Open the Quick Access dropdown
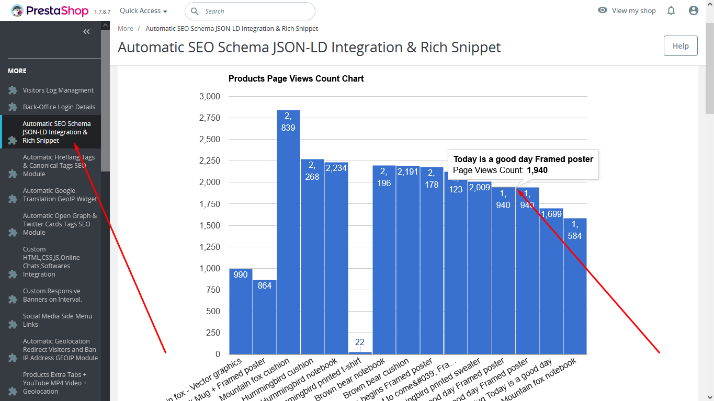[x=143, y=11]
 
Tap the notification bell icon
[x=671, y=10]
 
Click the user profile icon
[x=694, y=10]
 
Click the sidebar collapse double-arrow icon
[x=87, y=32]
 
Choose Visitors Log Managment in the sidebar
[x=58, y=90]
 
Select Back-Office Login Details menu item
[x=59, y=107]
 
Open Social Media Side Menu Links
[x=57, y=320]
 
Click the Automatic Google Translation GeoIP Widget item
[x=60, y=195]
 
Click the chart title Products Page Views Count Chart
[x=296, y=79]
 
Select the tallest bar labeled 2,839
[x=288, y=235]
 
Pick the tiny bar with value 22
[x=360, y=352]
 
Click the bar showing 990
[x=241, y=314]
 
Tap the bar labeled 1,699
[x=551, y=282]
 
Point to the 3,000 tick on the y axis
[x=210, y=97]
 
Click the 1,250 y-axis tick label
[x=210, y=247]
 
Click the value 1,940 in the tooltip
[x=537, y=170]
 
